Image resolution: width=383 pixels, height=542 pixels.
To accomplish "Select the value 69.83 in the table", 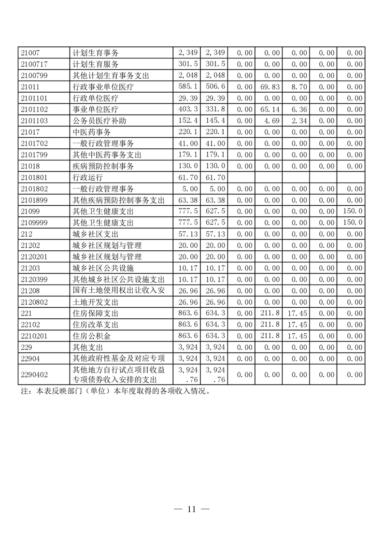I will (x=270, y=86).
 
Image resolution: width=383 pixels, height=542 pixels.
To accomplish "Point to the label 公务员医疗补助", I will (x=99, y=120).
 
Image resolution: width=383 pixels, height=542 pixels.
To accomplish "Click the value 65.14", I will (x=270, y=109).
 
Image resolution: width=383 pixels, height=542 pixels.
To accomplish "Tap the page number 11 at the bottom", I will (x=191, y=509).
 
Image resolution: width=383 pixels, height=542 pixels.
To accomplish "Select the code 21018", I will (x=30, y=166).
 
